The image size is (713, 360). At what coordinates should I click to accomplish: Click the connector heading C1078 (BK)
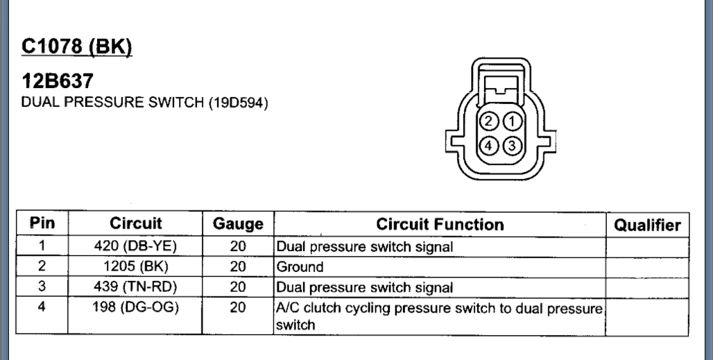(77, 47)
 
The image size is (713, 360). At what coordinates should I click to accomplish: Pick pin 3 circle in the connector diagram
(511, 146)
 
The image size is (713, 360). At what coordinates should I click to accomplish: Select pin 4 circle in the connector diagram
(490, 146)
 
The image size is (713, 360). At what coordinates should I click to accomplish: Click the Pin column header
(42, 225)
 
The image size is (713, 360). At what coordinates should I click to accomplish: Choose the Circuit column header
(136, 225)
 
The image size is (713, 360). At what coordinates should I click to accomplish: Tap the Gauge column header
(238, 225)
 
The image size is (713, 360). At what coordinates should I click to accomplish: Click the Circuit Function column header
(440, 225)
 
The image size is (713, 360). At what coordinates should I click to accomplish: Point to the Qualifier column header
(647, 225)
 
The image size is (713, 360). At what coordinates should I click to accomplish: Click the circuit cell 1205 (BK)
(136, 266)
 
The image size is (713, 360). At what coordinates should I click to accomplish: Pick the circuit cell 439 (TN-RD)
(136, 286)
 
